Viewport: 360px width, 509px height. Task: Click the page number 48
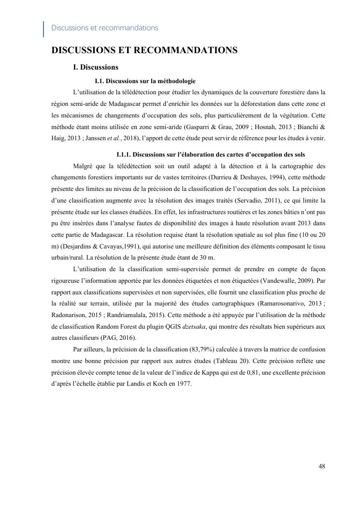321,466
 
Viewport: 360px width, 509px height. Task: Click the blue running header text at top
104,28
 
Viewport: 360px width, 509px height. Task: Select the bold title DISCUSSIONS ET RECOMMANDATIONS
144,50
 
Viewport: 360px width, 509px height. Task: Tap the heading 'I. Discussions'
96,67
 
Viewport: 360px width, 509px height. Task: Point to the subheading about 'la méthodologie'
145,81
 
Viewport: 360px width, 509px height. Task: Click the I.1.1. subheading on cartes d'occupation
211,155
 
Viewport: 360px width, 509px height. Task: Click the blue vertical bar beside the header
44,29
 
